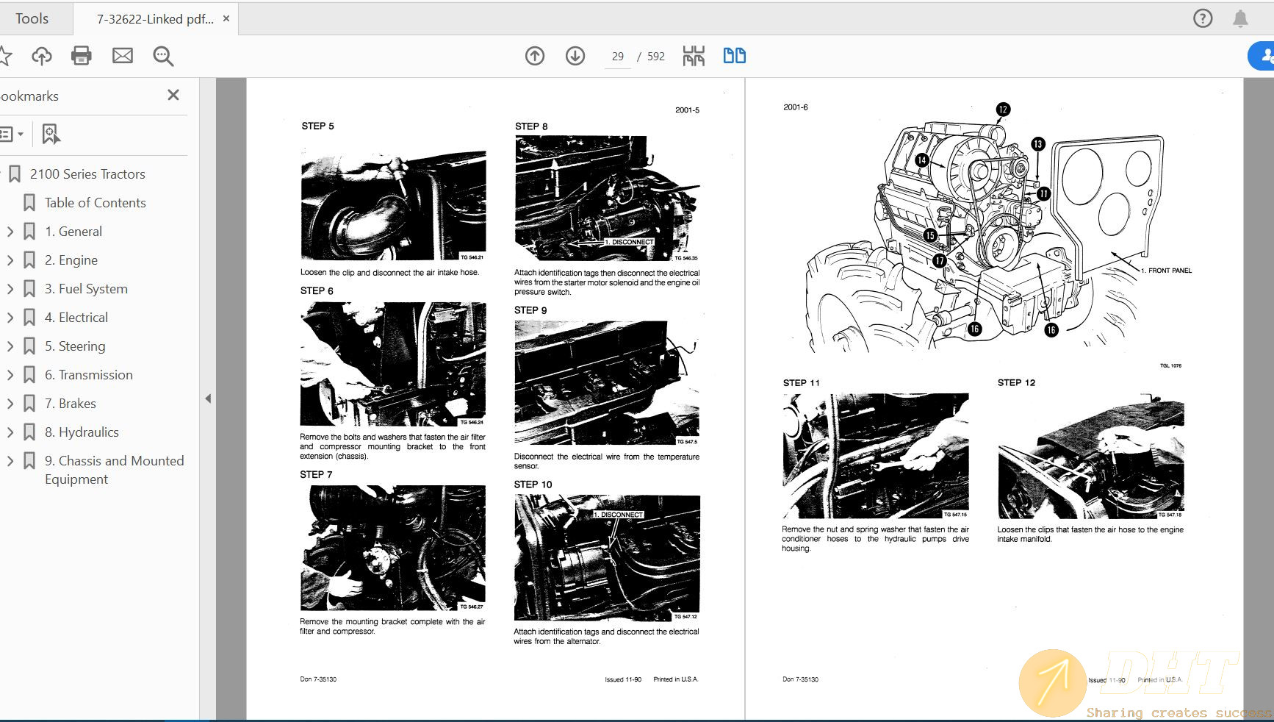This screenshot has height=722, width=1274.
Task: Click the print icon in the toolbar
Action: (x=81, y=56)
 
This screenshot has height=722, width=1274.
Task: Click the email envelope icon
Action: (x=123, y=56)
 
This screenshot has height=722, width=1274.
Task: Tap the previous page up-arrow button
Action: (x=535, y=56)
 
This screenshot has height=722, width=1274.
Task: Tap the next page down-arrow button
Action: (x=575, y=56)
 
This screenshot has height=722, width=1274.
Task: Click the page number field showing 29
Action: (x=617, y=57)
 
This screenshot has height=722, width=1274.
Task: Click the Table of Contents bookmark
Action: (x=95, y=203)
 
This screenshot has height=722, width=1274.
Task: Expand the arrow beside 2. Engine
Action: (x=10, y=260)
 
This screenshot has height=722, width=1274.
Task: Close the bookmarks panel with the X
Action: (x=173, y=95)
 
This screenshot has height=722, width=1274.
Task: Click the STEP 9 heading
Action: (x=530, y=310)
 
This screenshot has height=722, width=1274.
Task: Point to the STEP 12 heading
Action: (x=1016, y=382)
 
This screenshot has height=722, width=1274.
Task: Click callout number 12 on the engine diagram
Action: (x=1003, y=110)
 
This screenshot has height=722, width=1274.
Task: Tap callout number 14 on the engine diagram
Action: (x=921, y=160)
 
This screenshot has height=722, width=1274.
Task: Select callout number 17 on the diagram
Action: (x=940, y=260)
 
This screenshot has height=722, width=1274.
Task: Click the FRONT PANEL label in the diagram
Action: (x=1170, y=271)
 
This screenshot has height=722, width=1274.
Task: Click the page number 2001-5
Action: (x=687, y=110)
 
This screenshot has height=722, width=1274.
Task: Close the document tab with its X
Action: (x=226, y=18)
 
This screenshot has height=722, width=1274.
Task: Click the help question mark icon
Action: (x=1203, y=18)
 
